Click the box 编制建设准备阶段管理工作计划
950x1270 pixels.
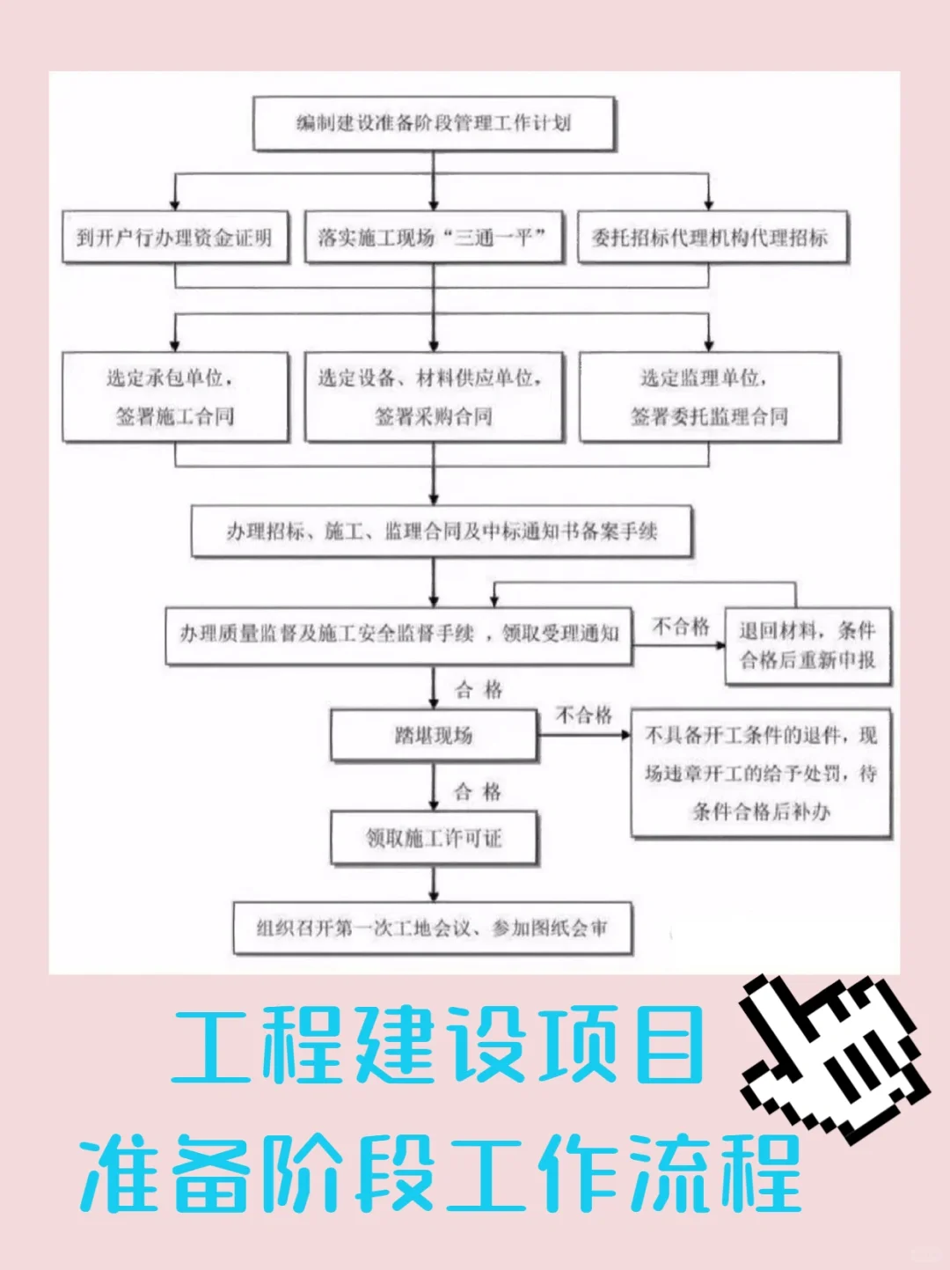pyautogui.click(x=434, y=123)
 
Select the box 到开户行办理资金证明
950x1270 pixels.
pyautogui.click(x=174, y=237)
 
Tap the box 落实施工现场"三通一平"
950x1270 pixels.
pyautogui.click(x=433, y=237)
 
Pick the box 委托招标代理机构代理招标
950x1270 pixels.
pyautogui.click(x=711, y=237)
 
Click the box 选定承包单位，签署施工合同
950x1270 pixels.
pyautogui.click(x=174, y=397)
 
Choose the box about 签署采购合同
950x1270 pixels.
pyautogui.click(x=433, y=397)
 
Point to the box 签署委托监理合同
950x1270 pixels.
pyautogui.click(x=709, y=397)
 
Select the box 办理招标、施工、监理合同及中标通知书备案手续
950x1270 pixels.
pyautogui.click(x=442, y=531)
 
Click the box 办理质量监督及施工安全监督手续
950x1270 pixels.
pyautogui.click(x=399, y=634)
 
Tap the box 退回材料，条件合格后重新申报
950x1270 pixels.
pyautogui.click(x=807, y=645)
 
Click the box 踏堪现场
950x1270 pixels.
pyautogui.click(x=434, y=735)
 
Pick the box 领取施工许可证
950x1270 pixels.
pyautogui.click(x=434, y=838)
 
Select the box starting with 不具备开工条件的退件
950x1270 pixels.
pyautogui.click(x=761, y=773)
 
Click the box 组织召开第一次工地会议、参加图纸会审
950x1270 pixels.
pyautogui.click(x=432, y=928)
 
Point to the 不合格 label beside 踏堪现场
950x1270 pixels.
pyautogui.click(x=584, y=715)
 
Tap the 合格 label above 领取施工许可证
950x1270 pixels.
pyautogui.click(x=478, y=791)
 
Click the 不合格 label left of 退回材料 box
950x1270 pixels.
pyautogui.click(x=681, y=626)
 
